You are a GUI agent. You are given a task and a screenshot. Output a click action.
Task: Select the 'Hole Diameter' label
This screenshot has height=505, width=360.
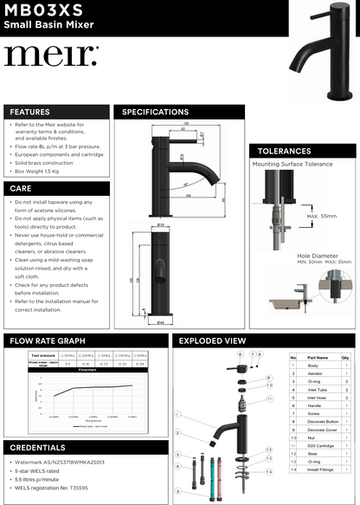tap(317, 256)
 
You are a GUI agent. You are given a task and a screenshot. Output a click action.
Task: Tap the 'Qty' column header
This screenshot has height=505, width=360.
tap(345, 356)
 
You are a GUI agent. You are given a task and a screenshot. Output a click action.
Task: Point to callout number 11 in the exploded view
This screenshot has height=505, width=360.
tap(269, 398)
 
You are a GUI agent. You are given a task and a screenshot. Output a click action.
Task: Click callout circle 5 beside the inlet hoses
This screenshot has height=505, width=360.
tap(178, 492)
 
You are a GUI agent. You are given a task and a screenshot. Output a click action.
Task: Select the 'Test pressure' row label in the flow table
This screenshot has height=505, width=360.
tap(42, 355)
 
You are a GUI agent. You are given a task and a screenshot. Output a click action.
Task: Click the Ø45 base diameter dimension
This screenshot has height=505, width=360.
tap(161, 321)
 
